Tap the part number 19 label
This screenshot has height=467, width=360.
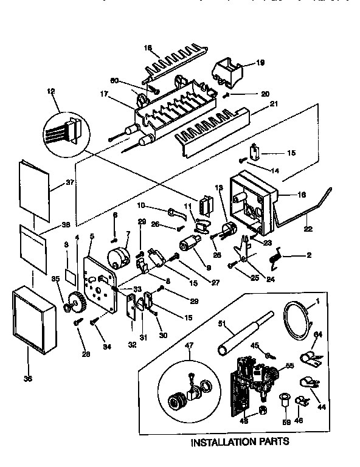click(x=260, y=62)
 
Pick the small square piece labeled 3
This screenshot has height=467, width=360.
click(x=72, y=272)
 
